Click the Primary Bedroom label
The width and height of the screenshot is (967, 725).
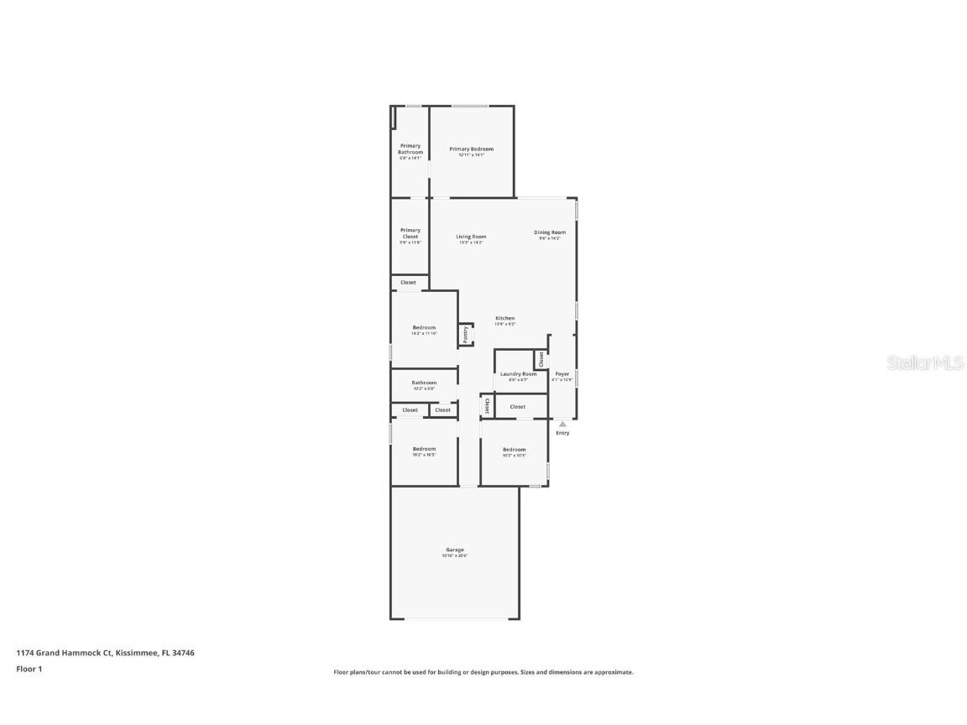point(471,149)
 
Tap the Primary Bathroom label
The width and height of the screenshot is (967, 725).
point(410,149)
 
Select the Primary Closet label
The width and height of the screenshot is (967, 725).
point(410,233)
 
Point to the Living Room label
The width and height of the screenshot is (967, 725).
point(471,237)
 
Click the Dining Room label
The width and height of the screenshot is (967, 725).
point(550,232)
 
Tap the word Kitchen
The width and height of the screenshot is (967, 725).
point(504,318)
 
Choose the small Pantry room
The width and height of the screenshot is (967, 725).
point(466,335)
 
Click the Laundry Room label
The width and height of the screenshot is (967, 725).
point(518,374)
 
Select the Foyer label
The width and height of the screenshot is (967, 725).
point(562,374)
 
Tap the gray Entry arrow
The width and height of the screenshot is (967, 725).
point(562,425)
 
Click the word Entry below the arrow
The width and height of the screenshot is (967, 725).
point(562,433)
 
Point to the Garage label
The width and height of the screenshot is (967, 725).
point(455,550)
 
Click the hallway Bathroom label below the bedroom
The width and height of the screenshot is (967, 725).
point(424,383)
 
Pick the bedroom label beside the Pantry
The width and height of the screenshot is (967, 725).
point(424,327)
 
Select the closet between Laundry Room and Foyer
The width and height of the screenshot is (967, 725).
point(541,359)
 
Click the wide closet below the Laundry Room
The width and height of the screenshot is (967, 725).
point(518,407)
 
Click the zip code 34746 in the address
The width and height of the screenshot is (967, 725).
point(184,653)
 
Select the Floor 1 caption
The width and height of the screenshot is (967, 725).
point(29,669)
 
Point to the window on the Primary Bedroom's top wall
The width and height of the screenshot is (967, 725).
point(470,106)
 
